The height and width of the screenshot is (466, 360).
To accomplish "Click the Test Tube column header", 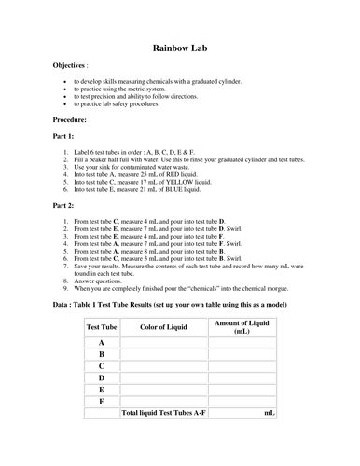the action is tap(101, 326).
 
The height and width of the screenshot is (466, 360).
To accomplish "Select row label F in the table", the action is tap(101, 400).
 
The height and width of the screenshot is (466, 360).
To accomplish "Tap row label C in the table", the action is tap(101, 365).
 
